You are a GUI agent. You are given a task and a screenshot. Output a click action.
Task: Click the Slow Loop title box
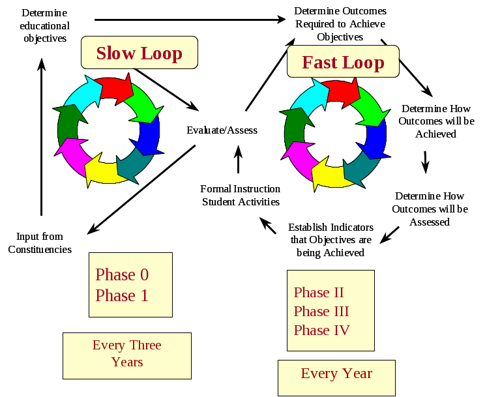(x=139, y=53)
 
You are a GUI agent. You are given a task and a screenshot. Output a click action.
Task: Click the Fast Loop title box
(x=343, y=63)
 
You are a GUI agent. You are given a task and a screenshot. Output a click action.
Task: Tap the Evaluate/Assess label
(x=222, y=130)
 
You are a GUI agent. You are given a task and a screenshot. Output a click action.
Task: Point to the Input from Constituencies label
(x=40, y=243)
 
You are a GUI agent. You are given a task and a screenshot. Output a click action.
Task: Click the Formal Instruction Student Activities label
(x=241, y=196)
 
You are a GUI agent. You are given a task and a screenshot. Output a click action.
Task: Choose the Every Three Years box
(x=127, y=354)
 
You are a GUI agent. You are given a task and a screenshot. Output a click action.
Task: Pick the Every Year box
(x=336, y=374)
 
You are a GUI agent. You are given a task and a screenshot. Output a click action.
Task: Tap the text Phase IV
(x=322, y=330)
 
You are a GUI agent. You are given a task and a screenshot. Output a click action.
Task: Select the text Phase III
(x=321, y=311)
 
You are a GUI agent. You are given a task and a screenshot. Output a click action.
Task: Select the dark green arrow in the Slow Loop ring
(x=67, y=126)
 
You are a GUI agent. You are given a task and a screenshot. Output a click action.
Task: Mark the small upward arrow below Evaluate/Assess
(x=238, y=158)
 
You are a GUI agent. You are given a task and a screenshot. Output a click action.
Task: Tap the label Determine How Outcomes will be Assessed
(x=430, y=209)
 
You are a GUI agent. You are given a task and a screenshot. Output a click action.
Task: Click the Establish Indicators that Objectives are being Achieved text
(x=331, y=240)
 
